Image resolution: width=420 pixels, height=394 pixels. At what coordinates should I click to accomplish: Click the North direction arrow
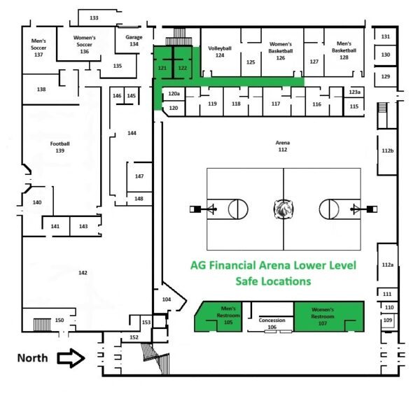pyautogui.click(x=70, y=358)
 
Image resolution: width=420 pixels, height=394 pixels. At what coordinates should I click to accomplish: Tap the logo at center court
pyautogui.click(x=283, y=209)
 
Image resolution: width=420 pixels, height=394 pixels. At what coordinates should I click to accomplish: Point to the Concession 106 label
pyautogui.click(x=272, y=323)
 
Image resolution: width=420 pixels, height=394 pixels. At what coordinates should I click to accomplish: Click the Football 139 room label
pyautogui.click(x=60, y=147)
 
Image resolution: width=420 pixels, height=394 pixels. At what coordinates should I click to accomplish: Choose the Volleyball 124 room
pyautogui.click(x=220, y=52)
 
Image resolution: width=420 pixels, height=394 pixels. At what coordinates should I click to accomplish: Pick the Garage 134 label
pyautogui.click(x=134, y=40)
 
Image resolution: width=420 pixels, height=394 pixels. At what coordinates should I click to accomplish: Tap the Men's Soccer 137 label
pyautogui.click(x=38, y=47)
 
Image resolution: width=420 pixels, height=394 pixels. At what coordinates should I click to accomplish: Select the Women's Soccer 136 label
pyautogui.click(x=84, y=44)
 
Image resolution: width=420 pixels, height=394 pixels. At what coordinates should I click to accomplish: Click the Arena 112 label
pyautogui.click(x=283, y=146)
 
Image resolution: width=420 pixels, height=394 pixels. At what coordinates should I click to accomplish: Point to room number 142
pyautogui.click(x=83, y=272)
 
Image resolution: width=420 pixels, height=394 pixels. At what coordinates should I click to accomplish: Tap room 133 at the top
pyautogui.click(x=94, y=17)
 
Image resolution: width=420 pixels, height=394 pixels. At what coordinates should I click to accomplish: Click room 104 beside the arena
pyautogui.click(x=167, y=299)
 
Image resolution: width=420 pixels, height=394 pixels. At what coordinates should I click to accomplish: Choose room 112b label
pyautogui.click(x=388, y=150)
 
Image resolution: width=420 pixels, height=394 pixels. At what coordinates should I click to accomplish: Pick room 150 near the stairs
pyautogui.click(x=59, y=320)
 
